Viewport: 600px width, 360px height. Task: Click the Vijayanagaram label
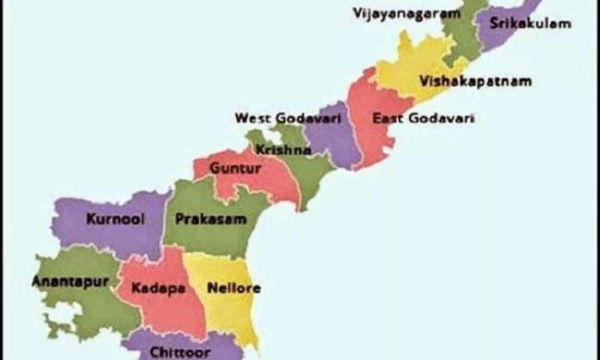click(x=406, y=14)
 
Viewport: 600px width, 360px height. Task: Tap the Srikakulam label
click(x=530, y=23)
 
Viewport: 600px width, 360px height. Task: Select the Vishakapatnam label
click(x=476, y=81)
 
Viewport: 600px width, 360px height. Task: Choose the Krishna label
click(x=283, y=150)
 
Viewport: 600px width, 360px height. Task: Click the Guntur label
click(x=236, y=168)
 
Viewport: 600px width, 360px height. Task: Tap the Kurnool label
click(x=115, y=219)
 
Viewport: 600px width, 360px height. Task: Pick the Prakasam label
click(x=211, y=219)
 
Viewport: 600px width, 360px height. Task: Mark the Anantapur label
click(x=70, y=281)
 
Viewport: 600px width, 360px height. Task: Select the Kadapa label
click(x=158, y=288)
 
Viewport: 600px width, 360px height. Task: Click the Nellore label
click(x=234, y=288)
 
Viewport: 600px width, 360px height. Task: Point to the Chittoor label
click(x=180, y=352)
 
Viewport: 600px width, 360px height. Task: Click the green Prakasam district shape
click(x=208, y=240)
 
